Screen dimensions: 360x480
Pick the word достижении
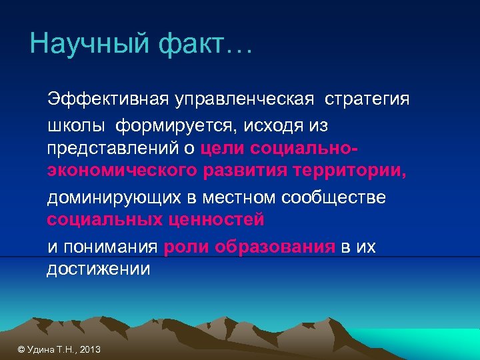[98, 269]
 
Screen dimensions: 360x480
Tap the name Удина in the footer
[41, 349]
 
